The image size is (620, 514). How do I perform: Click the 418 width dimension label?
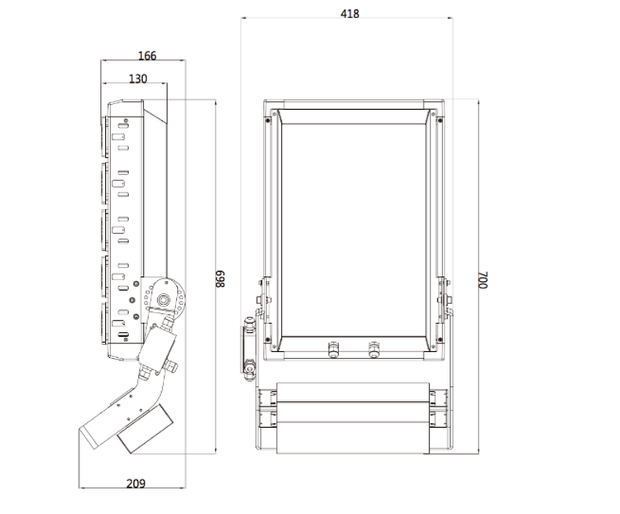click(x=349, y=13)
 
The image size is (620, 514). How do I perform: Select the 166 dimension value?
click(x=146, y=56)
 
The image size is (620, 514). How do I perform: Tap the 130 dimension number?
click(x=138, y=79)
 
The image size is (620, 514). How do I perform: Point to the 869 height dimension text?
click(x=221, y=280)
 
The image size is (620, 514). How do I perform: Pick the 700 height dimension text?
click(x=483, y=279)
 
